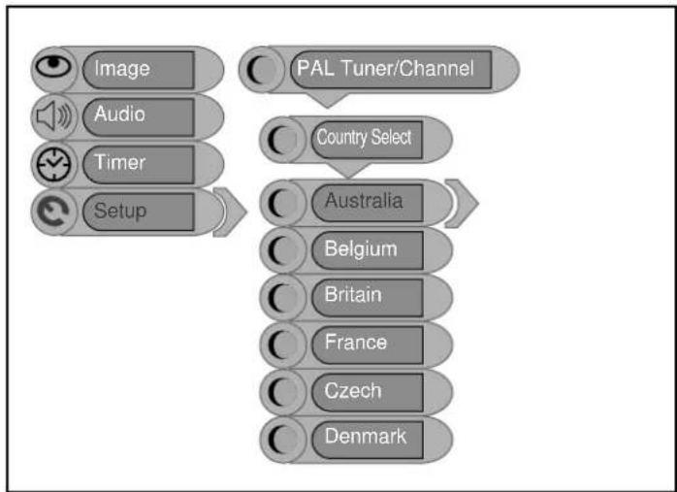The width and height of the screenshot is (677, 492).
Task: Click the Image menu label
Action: pyautogui.click(x=122, y=69)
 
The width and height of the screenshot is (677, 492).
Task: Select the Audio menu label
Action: pyautogui.click(x=119, y=115)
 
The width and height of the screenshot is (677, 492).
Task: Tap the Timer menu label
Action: pyautogui.click(x=120, y=163)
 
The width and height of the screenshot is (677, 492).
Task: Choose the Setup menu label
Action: pyautogui.click(x=120, y=211)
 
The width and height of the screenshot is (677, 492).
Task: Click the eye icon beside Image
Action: pyautogui.click(x=53, y=67)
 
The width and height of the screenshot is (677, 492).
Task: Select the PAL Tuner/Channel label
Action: pyautogui.click(x=386, y=69)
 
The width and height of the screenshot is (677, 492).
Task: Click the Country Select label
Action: pyautogui.click(x=364, y=138)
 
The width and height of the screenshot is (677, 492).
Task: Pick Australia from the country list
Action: pyautogui.click(x=364, y=201)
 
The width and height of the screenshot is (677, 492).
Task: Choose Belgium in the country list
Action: pyautogui.click(x=361, y=249)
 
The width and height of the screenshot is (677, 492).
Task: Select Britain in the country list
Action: pyautogui.click(x=353, y=295)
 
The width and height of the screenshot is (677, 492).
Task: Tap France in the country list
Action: pyautogui.click(x=356, y=343)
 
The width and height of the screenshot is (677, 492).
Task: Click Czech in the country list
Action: pyautogui.click(x=353, y=390)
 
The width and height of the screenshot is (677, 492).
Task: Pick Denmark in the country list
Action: pyautogui.click(x=366, y=437)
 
